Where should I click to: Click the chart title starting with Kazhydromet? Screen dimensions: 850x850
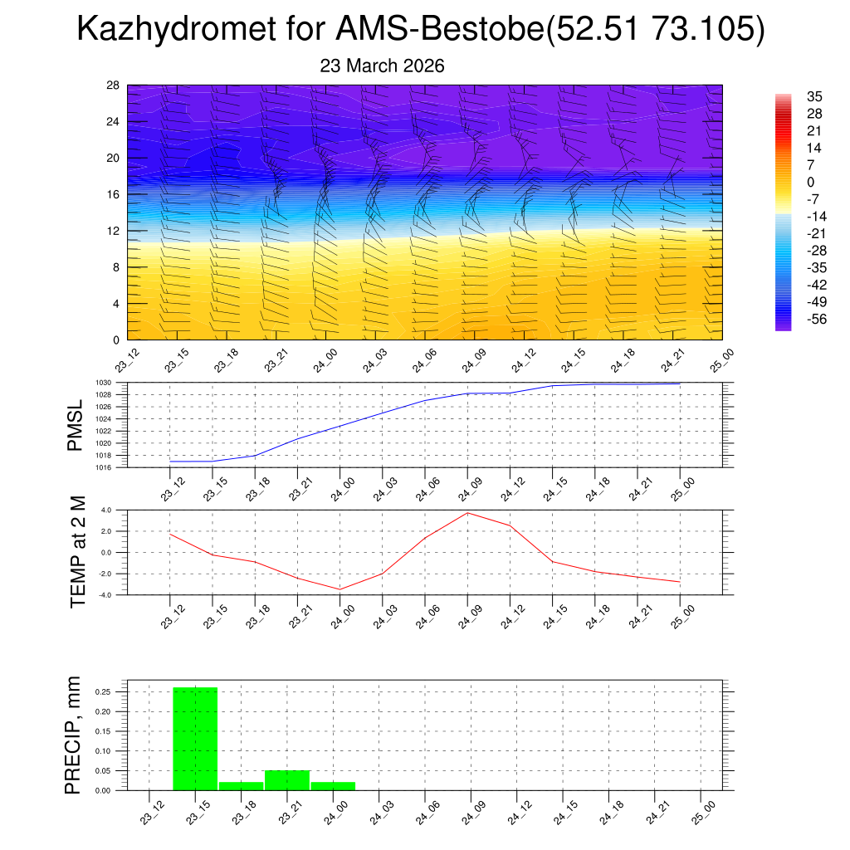[420, 30]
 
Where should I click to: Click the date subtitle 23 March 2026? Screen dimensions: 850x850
[382, 66]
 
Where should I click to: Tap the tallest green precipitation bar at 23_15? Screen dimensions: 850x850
[195, 739]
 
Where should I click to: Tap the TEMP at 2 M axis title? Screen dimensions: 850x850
[78, 551]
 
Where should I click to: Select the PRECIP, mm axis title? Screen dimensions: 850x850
[75, 735]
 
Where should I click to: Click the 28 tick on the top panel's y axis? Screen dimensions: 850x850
[113, 85]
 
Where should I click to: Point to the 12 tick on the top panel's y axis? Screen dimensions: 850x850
[113, 231]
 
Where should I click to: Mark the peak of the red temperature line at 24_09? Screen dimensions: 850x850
[467, 513]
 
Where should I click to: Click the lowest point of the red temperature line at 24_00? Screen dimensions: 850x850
[340, 589]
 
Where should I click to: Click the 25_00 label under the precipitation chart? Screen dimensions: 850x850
[701, 810]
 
